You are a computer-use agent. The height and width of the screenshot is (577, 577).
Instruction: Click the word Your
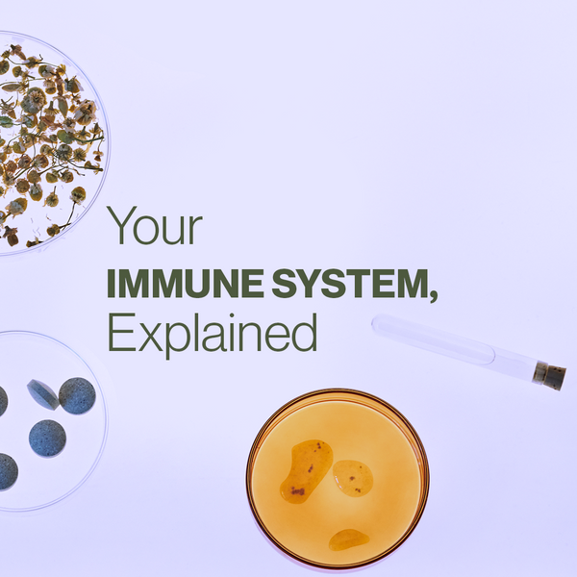[155, 227]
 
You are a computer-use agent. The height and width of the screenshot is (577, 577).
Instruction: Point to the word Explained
[212, 334]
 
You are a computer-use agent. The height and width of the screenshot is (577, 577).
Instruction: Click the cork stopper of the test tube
[551, 375]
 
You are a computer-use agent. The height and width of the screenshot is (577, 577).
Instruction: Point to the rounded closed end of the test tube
[378, 325]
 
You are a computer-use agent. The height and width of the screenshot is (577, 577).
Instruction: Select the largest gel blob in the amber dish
[306, 470]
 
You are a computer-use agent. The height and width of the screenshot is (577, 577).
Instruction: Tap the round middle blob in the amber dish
[353, 476]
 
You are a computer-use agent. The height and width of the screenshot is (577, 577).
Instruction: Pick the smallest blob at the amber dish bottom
[348, 539]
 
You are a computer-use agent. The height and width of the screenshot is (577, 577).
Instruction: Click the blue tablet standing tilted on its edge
[41, 393]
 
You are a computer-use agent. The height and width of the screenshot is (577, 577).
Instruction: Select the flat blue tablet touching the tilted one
[76, 395]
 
